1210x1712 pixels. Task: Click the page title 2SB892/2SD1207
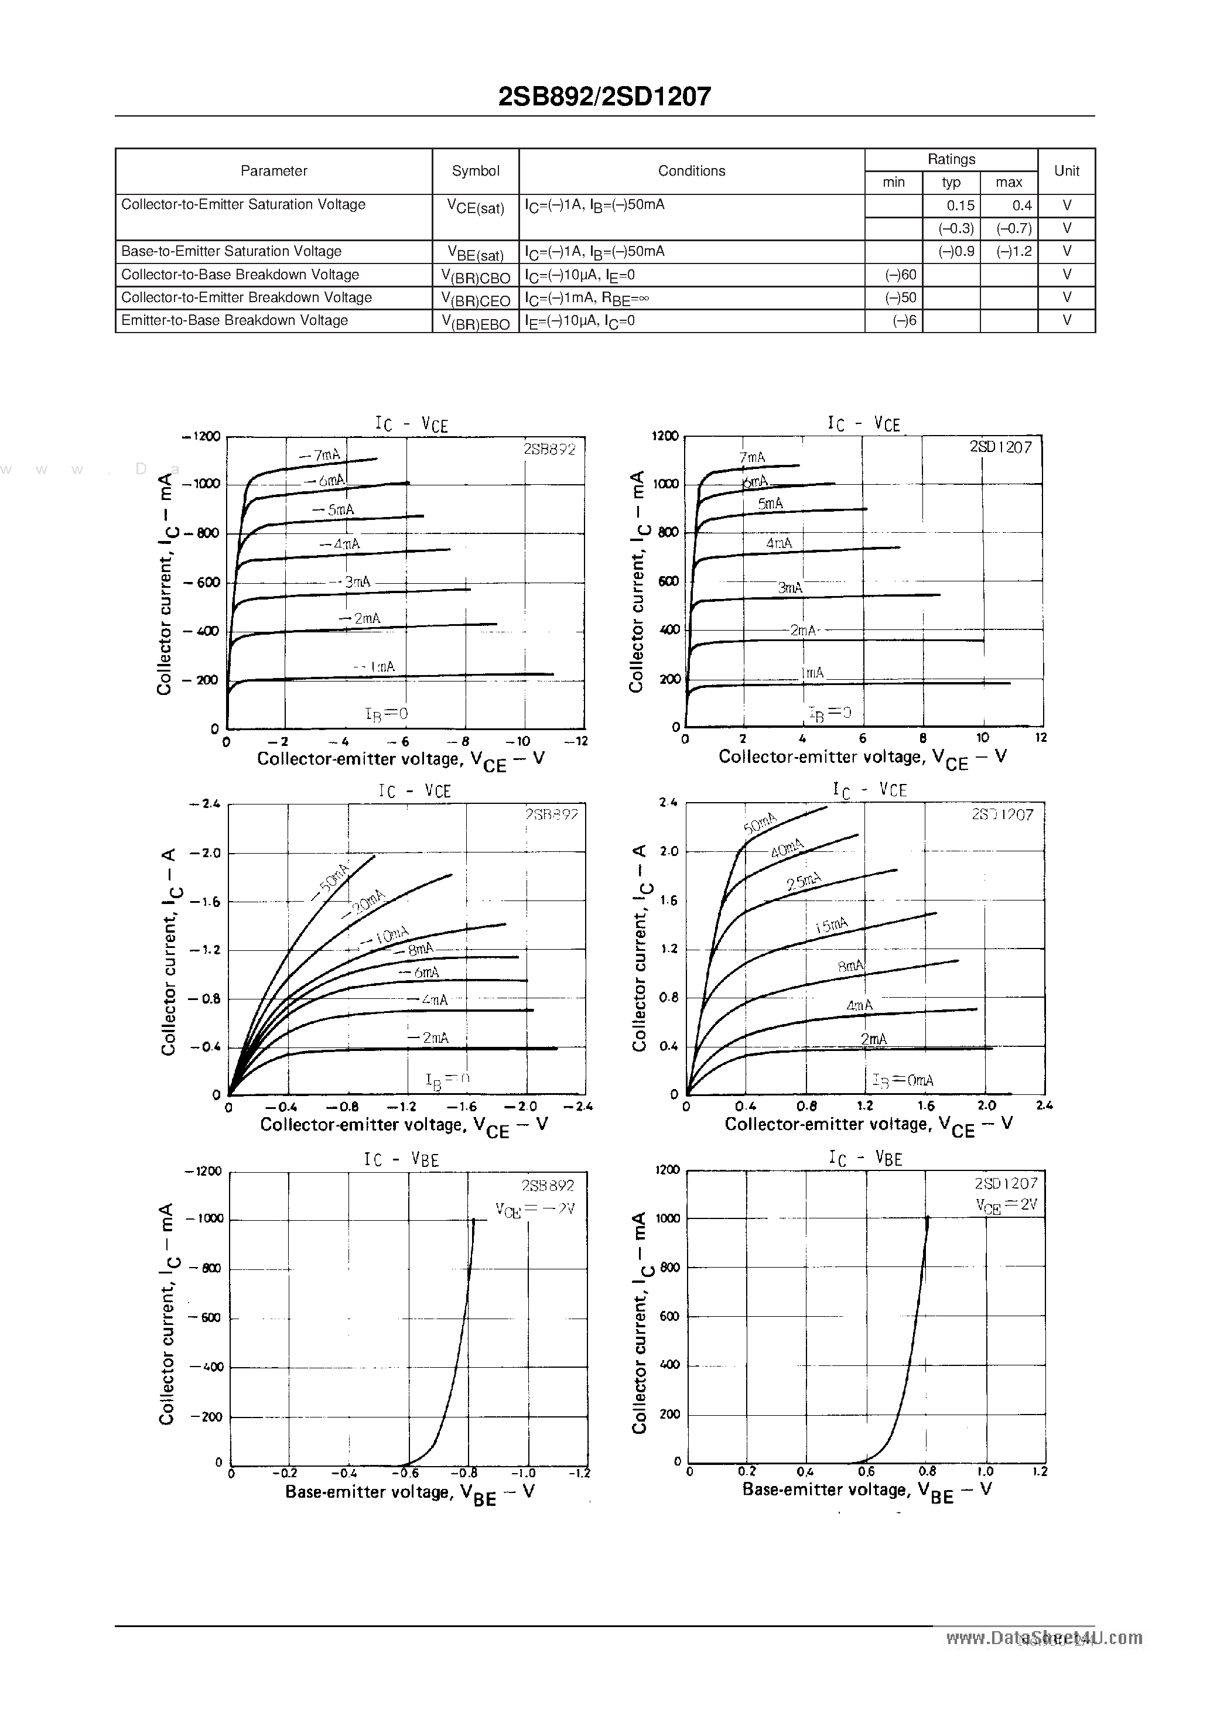coord(604,96)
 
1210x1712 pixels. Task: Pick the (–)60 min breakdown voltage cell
coord(900,275)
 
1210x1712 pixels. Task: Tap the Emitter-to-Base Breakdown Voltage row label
coord(234,321)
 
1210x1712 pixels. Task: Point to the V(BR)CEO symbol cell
coord(475,299)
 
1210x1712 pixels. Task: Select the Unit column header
coord(1066,171)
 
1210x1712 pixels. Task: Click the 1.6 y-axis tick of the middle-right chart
coord(668,900)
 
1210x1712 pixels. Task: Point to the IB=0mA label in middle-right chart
coord(903,1080)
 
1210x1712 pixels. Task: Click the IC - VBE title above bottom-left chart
coord(401,1159)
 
